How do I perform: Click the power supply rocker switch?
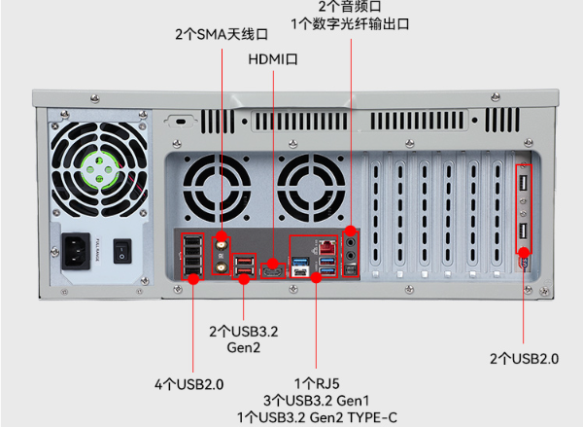tap(121, 251)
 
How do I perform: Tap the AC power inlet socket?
tap(79, 250)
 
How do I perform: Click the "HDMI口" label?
tap(272, 59)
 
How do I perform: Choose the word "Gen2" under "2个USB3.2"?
tap(243, 348)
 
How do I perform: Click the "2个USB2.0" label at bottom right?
tap(524, 359)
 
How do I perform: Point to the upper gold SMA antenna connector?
tap(223, 243)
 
